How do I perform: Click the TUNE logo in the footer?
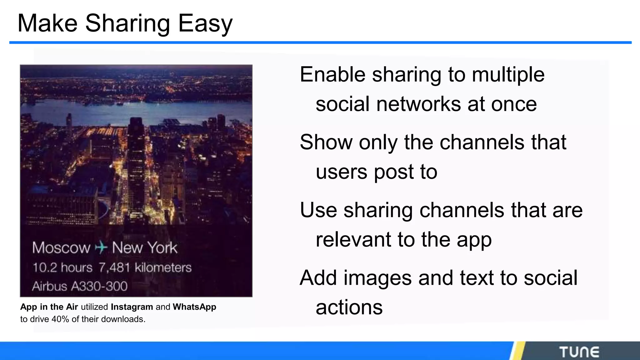click(579, 352)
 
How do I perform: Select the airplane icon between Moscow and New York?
click(101, 248)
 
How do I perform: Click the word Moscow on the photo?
click(61, 248)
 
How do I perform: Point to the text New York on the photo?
click(145, 248)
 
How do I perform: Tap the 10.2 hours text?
click(62, 267)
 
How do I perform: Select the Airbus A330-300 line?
click(80, 286)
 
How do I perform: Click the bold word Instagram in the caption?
click(132, 307)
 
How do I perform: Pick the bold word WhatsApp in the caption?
click(194, 307)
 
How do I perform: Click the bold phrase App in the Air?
click(49, 307)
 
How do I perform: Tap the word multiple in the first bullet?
click(508, 75)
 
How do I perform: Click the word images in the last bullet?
click(377, 278)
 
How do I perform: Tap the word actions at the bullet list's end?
click(349, 307)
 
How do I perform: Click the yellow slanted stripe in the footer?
click(517, 351)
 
